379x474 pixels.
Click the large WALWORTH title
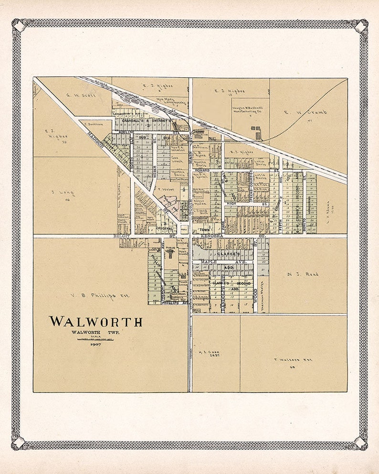tap(95, 321)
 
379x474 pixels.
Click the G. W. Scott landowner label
tap(81, 95)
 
